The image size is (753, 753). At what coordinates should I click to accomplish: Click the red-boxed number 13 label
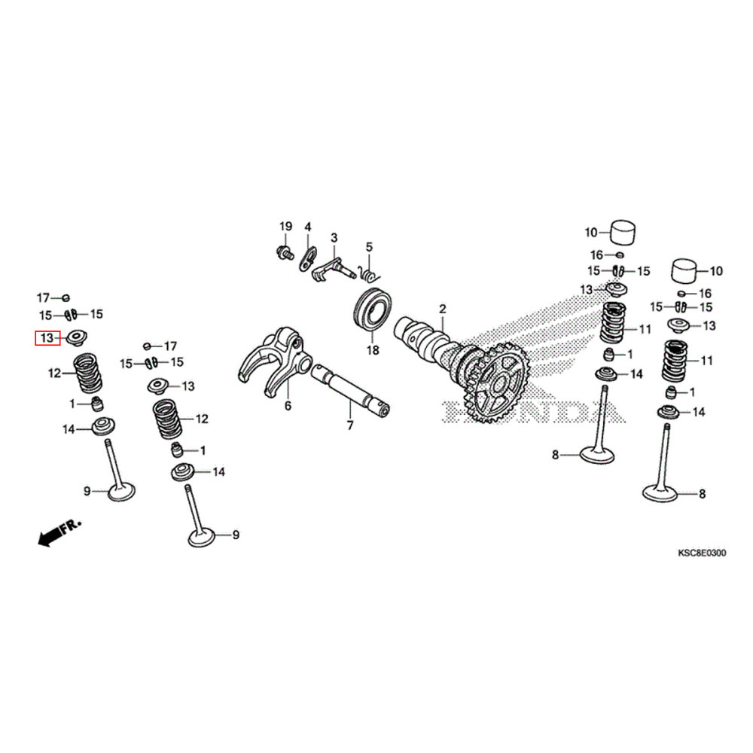47,338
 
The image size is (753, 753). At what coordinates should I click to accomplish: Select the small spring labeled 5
367,268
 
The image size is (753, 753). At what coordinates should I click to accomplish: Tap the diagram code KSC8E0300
701,553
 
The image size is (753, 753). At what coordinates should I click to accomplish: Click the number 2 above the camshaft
443,309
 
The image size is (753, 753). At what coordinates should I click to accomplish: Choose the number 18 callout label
371,351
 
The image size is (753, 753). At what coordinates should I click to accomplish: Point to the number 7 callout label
349,426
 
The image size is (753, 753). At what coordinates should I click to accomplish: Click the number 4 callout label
307,227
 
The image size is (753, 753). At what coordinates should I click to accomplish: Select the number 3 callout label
334,237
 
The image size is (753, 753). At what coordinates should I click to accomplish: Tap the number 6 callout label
287,406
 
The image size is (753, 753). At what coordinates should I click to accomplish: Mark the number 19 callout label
285,227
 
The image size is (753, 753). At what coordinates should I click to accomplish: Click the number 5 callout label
369,246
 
